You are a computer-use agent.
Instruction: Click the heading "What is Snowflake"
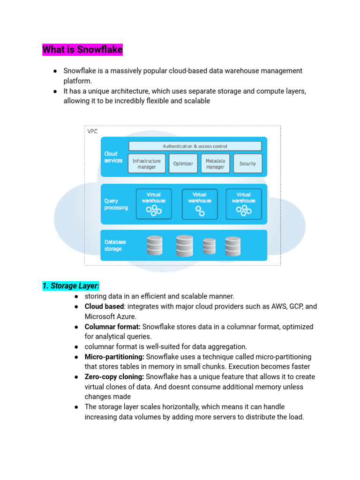coord(82,49)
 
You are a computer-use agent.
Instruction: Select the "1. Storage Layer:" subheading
coord(71,286)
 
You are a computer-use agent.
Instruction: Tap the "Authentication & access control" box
coord(195,146)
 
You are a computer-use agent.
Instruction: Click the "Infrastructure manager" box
coord(146,164)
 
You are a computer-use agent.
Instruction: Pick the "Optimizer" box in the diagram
coord(183,164)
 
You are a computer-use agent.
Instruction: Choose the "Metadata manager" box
coord(215,164)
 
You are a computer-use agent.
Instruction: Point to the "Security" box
coord(247,164)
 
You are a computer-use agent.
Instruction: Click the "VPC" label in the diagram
coord(93,131)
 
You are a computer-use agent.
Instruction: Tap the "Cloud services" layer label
coord(113,157)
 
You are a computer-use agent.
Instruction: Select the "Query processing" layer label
coord(116,204)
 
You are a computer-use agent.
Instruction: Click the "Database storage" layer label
coord(115,246)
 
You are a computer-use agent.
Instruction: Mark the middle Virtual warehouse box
coord(200,204)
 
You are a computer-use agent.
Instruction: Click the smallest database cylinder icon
coord(209,246)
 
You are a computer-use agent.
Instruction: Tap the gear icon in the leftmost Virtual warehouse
coord(154,210)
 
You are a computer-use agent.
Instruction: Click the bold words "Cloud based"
coord(104,307)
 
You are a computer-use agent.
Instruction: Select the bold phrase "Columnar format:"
coord(112,327)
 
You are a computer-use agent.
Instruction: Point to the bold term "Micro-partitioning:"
coord(114,357)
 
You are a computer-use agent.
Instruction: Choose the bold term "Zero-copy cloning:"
coord(114,377)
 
